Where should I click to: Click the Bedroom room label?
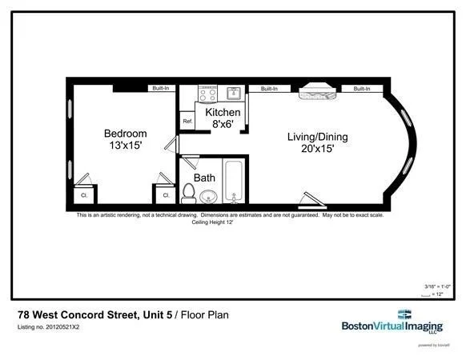pyautogui.click(x=126, y=133)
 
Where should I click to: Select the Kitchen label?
pyautogui.click(x=222, y=113)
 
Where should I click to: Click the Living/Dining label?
pyautogui.click(x=318, y=137)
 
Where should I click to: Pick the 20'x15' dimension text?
pyautogui.click(x=318, y=149)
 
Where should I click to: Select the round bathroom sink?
pyautogui.click(x=209, y=196)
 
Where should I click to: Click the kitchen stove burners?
pyautogui.click(x=207, y=94)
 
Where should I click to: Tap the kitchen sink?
pyautogui.click(x=234, y=93)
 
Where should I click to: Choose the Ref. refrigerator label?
pyautogui.click(x=187, y=122)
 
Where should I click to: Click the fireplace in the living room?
pyautogui.click(x=318, y=93)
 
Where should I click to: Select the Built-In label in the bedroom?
pyautogui.click(x=161, y=88)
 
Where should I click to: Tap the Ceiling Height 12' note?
pyautogui.click(x=211, y=222)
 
